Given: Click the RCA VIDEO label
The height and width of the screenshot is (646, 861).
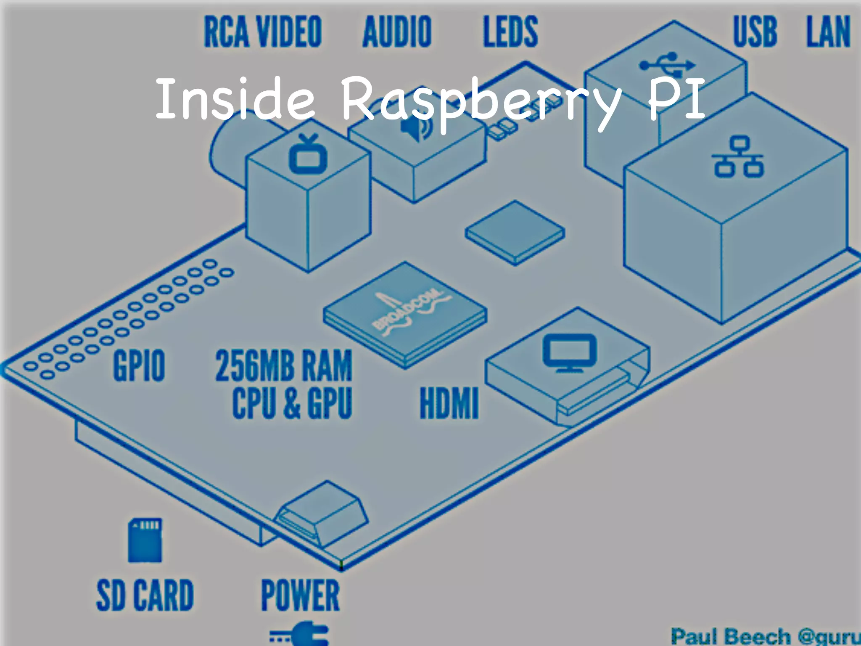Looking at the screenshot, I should [x=263, y=32].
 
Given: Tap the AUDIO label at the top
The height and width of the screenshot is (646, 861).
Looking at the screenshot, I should [x=397, y=32].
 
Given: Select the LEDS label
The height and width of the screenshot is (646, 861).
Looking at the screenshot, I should [x=510, y=32].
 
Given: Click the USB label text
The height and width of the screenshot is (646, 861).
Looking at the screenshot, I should [x=755, y=32].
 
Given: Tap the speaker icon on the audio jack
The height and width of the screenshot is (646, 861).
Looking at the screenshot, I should [x=416, y=126].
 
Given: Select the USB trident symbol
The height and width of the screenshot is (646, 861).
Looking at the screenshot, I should [x=667, y=65].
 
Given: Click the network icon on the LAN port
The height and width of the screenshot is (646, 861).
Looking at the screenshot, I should [x=738, y=156].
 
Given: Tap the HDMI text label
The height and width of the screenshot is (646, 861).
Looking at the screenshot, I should [x=449, y=404].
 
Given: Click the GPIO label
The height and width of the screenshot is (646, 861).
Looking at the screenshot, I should [x=139, y=366].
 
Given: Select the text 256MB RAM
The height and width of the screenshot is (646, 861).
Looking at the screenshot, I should [x=284, y=366].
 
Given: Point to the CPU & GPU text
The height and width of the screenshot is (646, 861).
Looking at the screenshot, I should [x=292, y=404].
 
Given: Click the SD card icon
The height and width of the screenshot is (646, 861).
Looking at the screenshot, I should [x=145, y=540].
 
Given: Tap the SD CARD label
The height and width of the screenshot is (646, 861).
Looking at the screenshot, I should [x=145, y=595].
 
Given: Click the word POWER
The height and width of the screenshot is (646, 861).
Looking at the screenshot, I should [x=300, y=595].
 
